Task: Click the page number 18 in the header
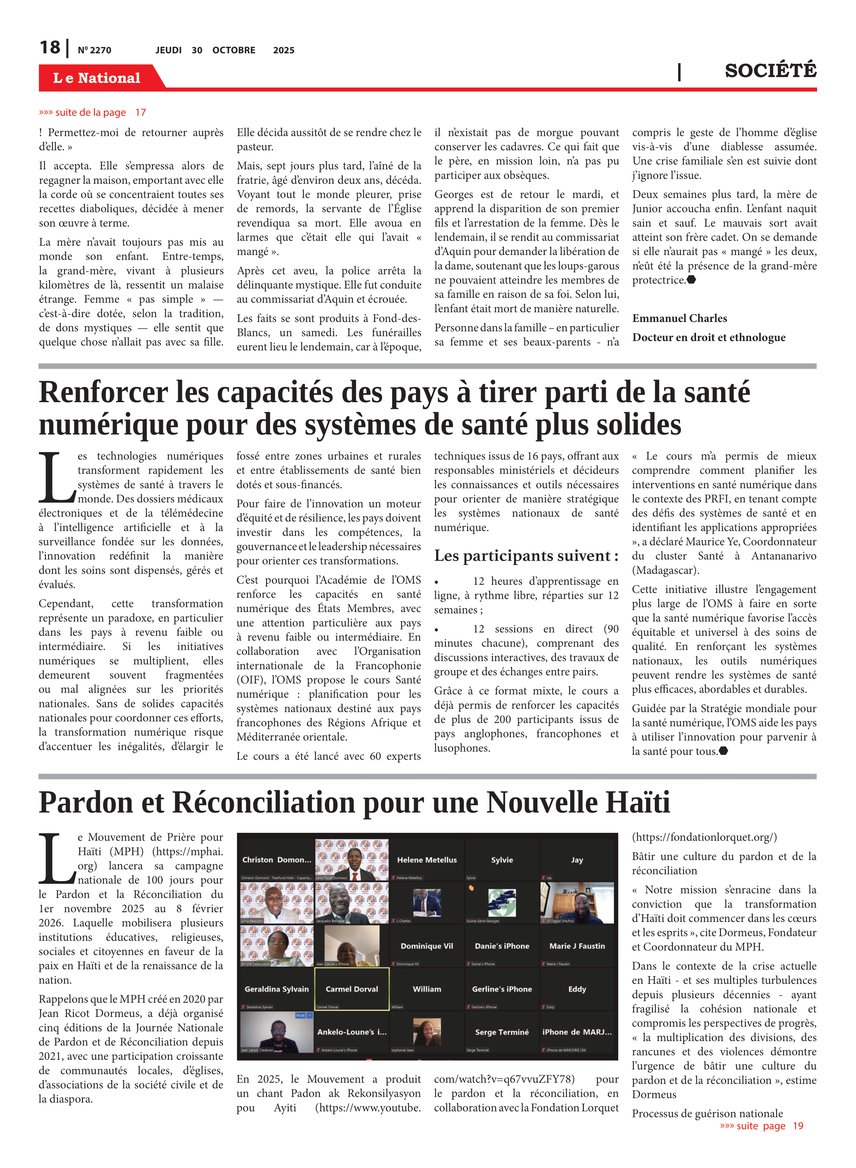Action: tap(50, 48)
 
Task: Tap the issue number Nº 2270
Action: tap(94, 50)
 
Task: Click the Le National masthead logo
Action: tap(96, 78)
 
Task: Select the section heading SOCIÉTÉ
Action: tap(770, 70)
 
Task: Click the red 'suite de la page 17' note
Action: tap(92, 113)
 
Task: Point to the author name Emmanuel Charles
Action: tap(679, 318)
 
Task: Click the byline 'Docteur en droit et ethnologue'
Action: tap(708, 338)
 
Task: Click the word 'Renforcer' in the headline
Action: tap(103, 392)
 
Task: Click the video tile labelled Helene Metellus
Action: tap(426, 860)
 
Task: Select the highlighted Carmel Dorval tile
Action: tap(352, 989)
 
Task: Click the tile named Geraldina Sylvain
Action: tap(276, 989)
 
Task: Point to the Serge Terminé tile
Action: tap(502, 1032)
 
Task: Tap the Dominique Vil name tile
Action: tap(426, 946)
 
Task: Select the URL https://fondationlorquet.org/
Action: tap(704, 837)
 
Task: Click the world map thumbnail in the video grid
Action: tap(502, 902)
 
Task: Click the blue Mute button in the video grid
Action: tap(300, 1016)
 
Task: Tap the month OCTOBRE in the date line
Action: tap(234, 50)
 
